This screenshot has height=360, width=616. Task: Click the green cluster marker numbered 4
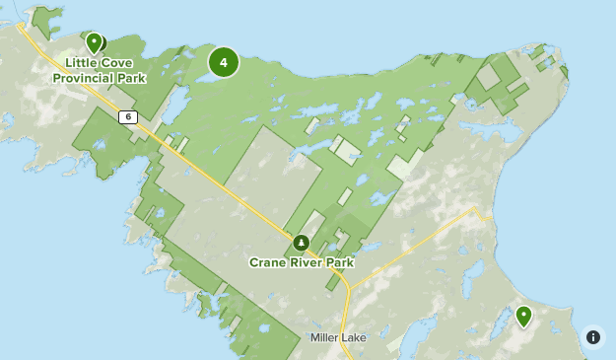coord(224,62)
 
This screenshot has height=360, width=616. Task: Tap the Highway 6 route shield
coord(128,116)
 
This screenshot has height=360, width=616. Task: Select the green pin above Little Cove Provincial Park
coord(94,42)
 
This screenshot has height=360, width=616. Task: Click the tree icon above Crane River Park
coord(301,243)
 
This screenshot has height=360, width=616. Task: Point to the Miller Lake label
coord(338,337)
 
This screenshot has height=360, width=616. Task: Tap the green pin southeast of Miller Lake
coord(523,317)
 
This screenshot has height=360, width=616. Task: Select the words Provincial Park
coord(100,78)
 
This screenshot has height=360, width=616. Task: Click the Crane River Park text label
coord(301,263)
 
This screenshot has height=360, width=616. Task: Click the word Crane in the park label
coord(268,263)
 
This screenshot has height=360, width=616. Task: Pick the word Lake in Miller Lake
coord(353,337)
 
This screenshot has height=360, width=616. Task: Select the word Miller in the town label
coord(324,337)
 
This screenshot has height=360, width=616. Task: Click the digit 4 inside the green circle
coord(224,62)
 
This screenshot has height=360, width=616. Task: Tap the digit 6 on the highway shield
coord(128,116)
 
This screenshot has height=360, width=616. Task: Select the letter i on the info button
coord(592,336)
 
